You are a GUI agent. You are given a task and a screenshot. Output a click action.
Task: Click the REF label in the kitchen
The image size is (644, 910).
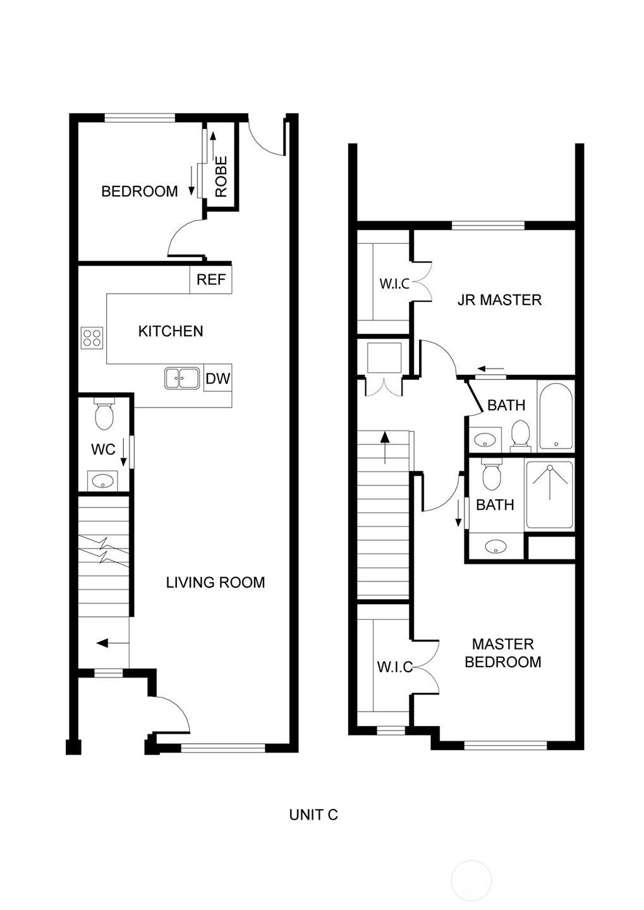(x=211, y=279)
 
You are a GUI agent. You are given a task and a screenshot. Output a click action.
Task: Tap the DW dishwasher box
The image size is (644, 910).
(x=218, y=378)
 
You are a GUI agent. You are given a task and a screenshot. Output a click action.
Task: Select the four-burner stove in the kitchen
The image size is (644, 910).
(x=92, y=338)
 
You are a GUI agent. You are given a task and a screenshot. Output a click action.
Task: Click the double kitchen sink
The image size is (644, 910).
(x=183, y=378)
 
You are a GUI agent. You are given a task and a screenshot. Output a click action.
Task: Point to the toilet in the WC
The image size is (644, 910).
(x=104, y=413)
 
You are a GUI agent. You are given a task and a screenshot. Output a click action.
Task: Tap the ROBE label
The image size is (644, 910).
(x=221, y=177)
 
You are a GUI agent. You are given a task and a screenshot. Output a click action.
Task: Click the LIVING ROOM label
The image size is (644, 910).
(x=216, y=583)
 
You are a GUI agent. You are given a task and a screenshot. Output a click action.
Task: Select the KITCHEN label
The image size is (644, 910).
(x=171, y=331)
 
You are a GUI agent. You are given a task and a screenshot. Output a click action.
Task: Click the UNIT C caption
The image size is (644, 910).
(x=313, y=815)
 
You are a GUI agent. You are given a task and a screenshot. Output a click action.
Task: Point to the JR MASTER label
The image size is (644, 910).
(x=499, y=300)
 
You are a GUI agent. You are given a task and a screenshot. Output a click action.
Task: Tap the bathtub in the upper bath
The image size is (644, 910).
(x=556, y=416)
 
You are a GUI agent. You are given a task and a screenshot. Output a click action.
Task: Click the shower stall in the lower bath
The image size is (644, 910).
(x=550, y=494)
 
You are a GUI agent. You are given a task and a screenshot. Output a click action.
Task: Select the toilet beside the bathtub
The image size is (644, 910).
(x=520, y=436)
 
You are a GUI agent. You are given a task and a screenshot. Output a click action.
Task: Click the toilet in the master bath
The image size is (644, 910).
(x=492, y=475)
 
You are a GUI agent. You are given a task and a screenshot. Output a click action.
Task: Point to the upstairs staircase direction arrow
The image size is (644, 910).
(x=385, y=447)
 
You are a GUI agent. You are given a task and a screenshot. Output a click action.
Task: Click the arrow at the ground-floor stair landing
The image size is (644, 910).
(x=107, y=643)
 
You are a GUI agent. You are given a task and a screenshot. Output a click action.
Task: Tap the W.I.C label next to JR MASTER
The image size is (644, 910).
(x=394, y=284)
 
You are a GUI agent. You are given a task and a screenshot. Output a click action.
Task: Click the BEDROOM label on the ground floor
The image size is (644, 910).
(x=140, y=191)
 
